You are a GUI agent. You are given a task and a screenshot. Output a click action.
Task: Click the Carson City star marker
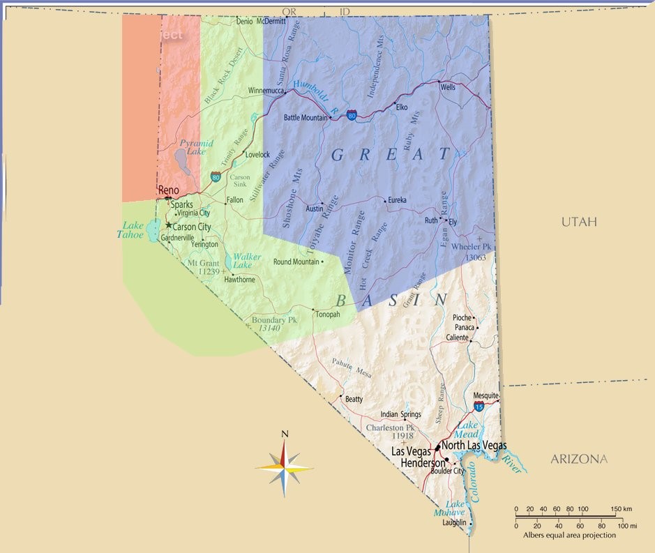[168, 225]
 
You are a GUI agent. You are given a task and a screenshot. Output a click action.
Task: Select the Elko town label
[401, 107]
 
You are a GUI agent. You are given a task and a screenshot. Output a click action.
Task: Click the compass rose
[285, 468]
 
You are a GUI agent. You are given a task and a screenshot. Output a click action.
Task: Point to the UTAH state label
[580, 222]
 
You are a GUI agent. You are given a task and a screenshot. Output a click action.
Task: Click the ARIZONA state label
[579, 459]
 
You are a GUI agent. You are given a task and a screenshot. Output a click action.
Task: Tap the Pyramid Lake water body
[183, 162]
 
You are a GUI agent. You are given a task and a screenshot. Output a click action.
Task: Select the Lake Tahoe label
[133, 230]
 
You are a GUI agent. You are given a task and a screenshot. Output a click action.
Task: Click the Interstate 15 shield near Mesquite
[479, 406]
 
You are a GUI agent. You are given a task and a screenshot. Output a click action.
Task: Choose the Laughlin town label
[453, 522]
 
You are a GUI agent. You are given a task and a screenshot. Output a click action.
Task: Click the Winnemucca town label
[266, 91]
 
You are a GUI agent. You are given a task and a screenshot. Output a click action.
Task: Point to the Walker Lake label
[247, 261]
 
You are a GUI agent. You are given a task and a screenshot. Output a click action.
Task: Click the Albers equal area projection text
[570, 536]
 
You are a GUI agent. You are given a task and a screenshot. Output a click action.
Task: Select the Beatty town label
[354, 400]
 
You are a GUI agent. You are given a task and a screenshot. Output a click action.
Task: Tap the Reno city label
[169, 190]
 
